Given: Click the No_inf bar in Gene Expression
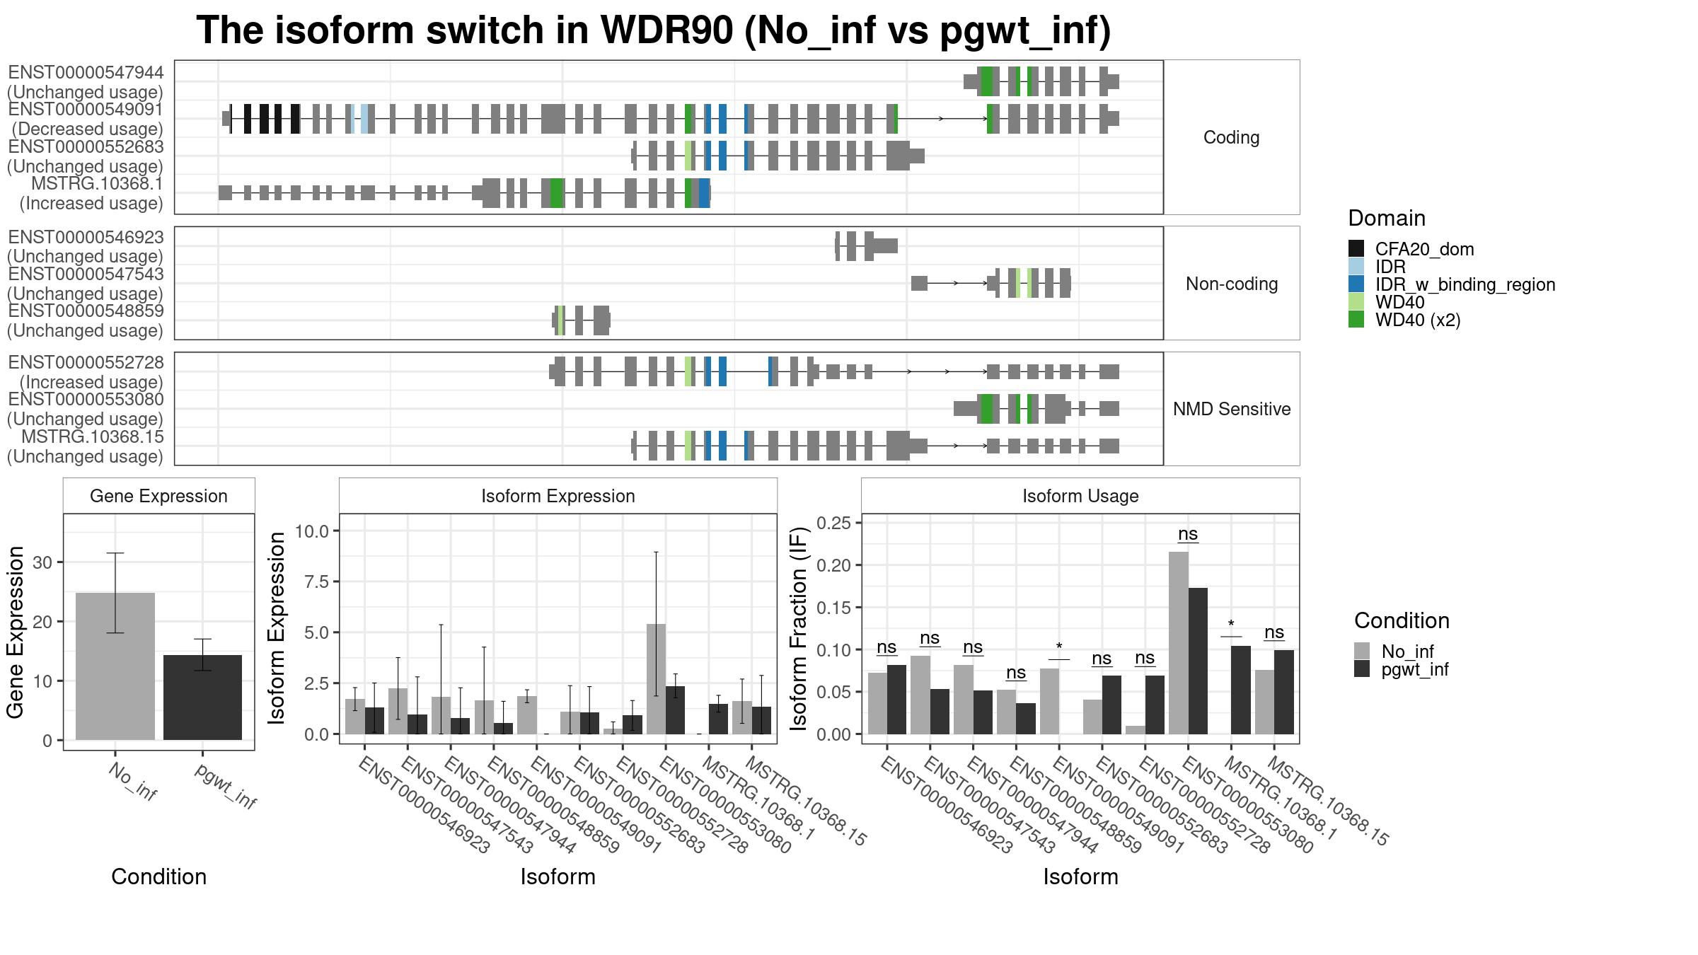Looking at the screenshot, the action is [115, 666].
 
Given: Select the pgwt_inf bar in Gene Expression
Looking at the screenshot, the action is [202, 698].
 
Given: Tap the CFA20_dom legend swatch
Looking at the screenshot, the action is [1356, 248].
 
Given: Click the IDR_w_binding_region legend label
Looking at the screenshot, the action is [1465, 284].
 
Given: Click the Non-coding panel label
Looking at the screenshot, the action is [1232, 284].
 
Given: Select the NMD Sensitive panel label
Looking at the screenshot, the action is [1232, 409].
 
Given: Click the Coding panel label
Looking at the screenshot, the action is [1232, 137].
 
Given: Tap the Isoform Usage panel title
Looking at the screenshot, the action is [1080, 496].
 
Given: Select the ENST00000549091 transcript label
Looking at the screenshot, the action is [86, 110].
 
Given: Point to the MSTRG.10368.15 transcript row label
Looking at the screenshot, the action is [93, 436].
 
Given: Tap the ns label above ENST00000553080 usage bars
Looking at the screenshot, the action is [1188, 533].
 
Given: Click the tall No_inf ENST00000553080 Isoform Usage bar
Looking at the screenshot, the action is [1179, 643].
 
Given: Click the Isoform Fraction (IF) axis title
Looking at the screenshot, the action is [799, 628].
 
